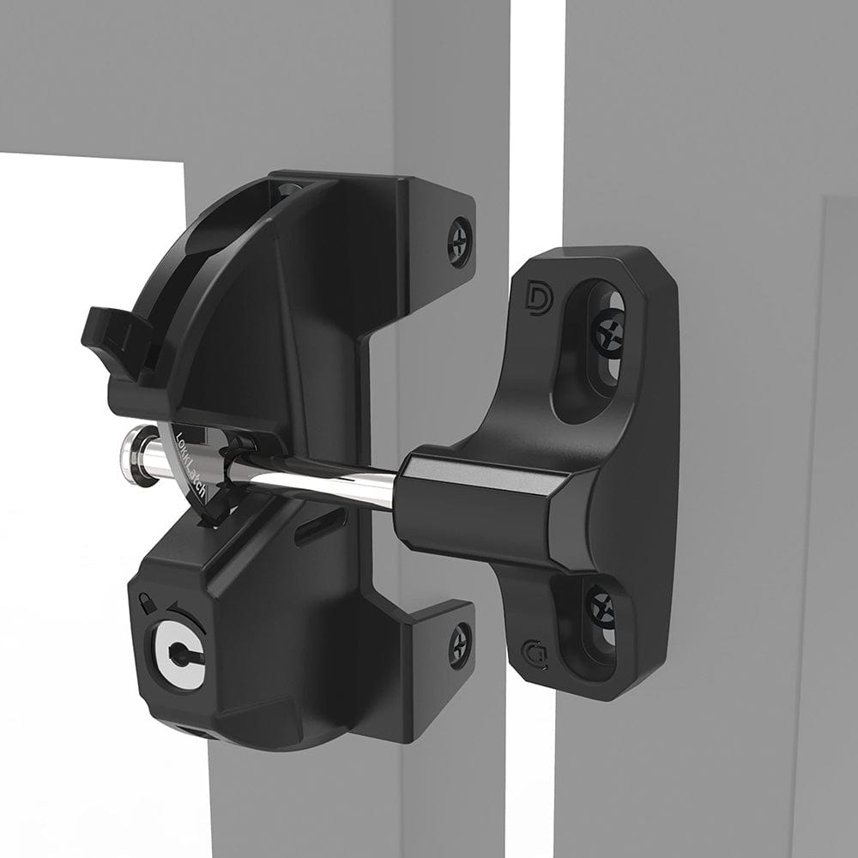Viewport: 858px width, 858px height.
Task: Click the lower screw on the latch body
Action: tap(460, 645)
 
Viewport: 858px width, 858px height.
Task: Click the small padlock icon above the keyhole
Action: tap(149, 601)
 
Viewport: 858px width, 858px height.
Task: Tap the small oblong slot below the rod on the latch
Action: tap(322, 524)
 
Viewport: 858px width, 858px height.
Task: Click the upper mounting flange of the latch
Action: tap(429, 214)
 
